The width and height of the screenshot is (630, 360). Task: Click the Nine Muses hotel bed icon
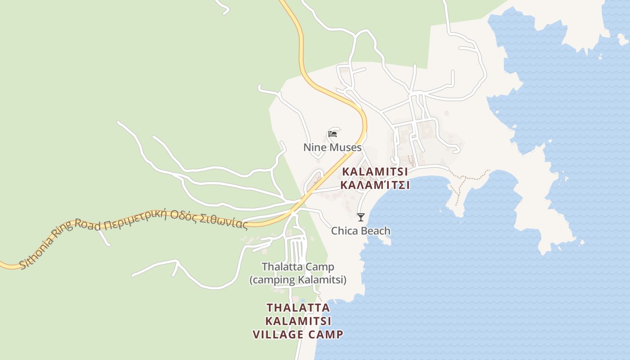tap(333, 134)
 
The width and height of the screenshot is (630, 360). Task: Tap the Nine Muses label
tap(332, 147)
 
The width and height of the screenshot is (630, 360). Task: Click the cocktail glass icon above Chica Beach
tap(360, 217)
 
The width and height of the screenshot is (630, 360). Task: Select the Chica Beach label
tap(360, 231)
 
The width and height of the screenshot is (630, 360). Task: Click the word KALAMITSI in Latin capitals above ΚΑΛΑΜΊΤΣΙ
tap(375, 171)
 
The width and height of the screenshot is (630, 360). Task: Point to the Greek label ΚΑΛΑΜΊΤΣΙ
tap(375, 185)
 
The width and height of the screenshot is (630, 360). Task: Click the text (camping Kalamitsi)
tap(298, 280)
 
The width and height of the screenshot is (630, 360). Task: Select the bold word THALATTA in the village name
tap(298, 308)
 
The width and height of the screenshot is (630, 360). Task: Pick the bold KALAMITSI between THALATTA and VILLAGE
tap(298, 321)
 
